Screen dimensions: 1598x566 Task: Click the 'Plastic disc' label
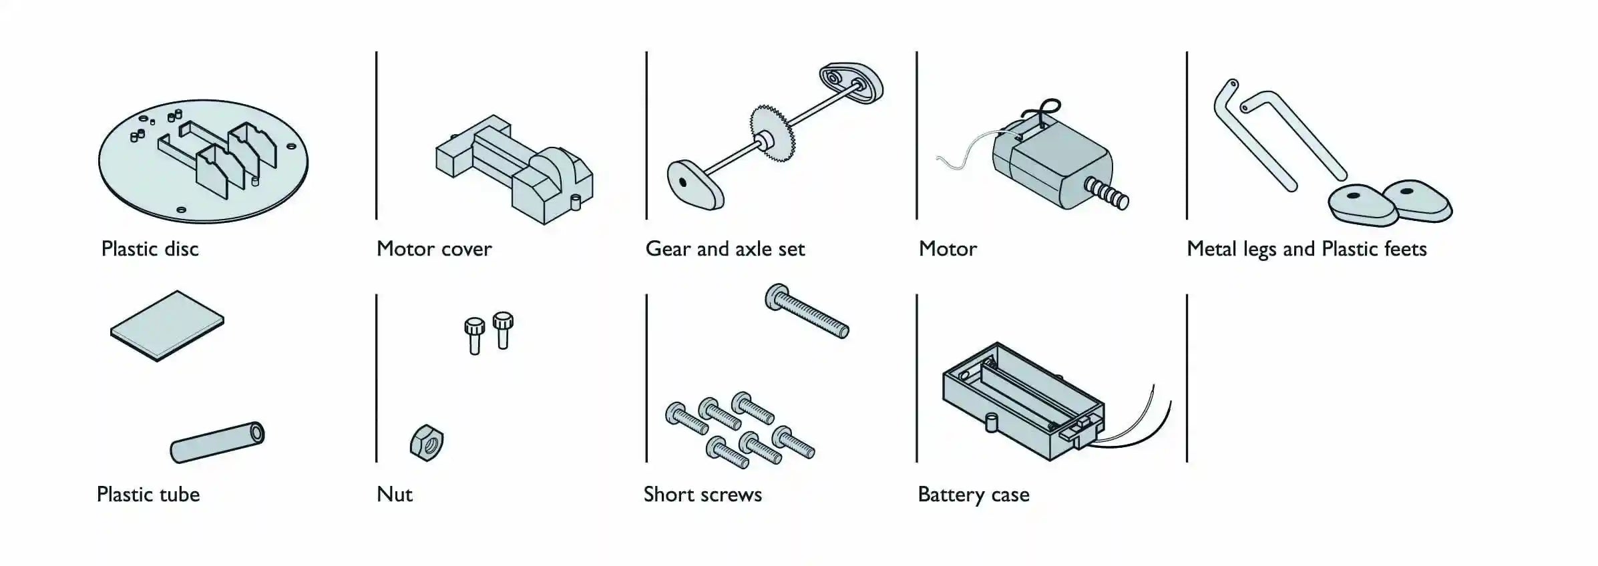point(150,249)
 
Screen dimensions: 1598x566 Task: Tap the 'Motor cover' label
point(434,249)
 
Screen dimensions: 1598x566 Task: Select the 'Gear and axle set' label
point(725,249)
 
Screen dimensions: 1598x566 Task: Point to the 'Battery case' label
point(974,495)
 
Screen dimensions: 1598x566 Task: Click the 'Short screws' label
point(703,495)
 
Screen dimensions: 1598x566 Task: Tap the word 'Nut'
point(395,495)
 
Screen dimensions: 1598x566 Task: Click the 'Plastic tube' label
point(148,495)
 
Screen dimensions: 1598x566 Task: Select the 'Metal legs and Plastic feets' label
point(1307,249)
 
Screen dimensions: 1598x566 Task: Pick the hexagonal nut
point(427,443)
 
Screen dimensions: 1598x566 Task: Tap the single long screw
point(807,311)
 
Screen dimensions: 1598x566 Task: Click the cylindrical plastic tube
point(218,442)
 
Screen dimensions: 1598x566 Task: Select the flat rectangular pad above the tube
point(167,326)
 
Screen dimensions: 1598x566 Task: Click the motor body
point(1052,164)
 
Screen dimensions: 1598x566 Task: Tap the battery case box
point(1024,401)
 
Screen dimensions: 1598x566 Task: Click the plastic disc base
point(204,161)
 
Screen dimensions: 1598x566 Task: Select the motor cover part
point(515,170)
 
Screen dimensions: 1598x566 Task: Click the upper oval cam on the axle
point(851,83)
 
